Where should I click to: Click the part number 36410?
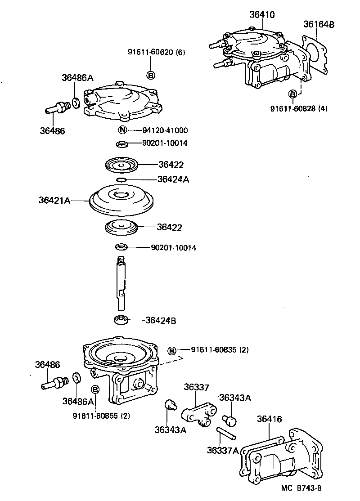click(x=262, y=15)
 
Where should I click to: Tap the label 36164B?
click(x=319, y=24)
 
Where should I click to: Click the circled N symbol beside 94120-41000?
click(x=121, y=130)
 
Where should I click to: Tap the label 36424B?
click(x=161, y=321)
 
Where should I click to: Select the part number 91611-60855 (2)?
click(x=101, y=416)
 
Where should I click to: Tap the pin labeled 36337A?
click(x=225, y=434)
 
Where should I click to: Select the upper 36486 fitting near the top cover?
click(x=57, y=108)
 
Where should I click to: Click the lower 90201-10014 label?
click(x=167, y=248)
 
